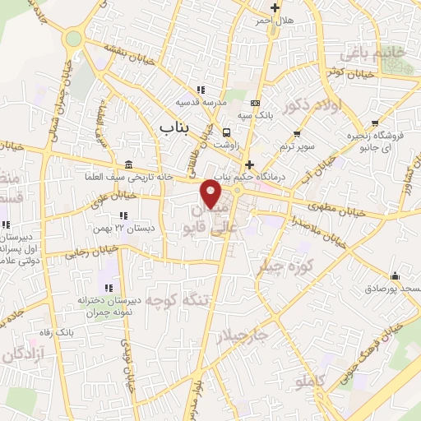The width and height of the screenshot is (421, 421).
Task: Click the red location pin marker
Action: pos(211,194)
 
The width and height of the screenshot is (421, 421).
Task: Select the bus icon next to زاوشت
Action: pos(225,132)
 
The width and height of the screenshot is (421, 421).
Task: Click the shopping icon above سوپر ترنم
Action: pos(297,133)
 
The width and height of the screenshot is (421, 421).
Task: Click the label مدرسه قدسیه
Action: pos(197,103)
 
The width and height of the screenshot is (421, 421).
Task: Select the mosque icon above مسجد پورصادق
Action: pos(395,276)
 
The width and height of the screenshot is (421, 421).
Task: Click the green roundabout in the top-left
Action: pos(74,38)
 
